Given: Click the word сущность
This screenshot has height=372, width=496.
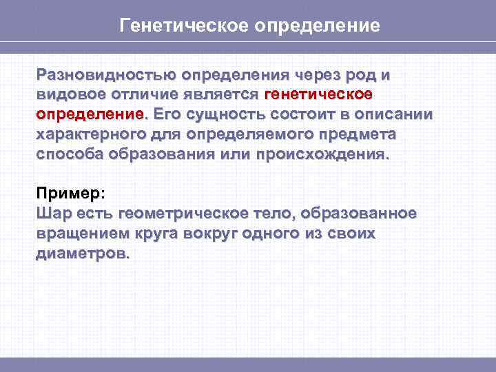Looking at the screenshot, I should pyautogui.click(x=226, y=113).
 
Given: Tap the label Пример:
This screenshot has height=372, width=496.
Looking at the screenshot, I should pyautogui.click(x=71, y=194).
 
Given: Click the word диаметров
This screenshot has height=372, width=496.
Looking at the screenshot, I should pyautogui.click(x=82, y=254).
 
